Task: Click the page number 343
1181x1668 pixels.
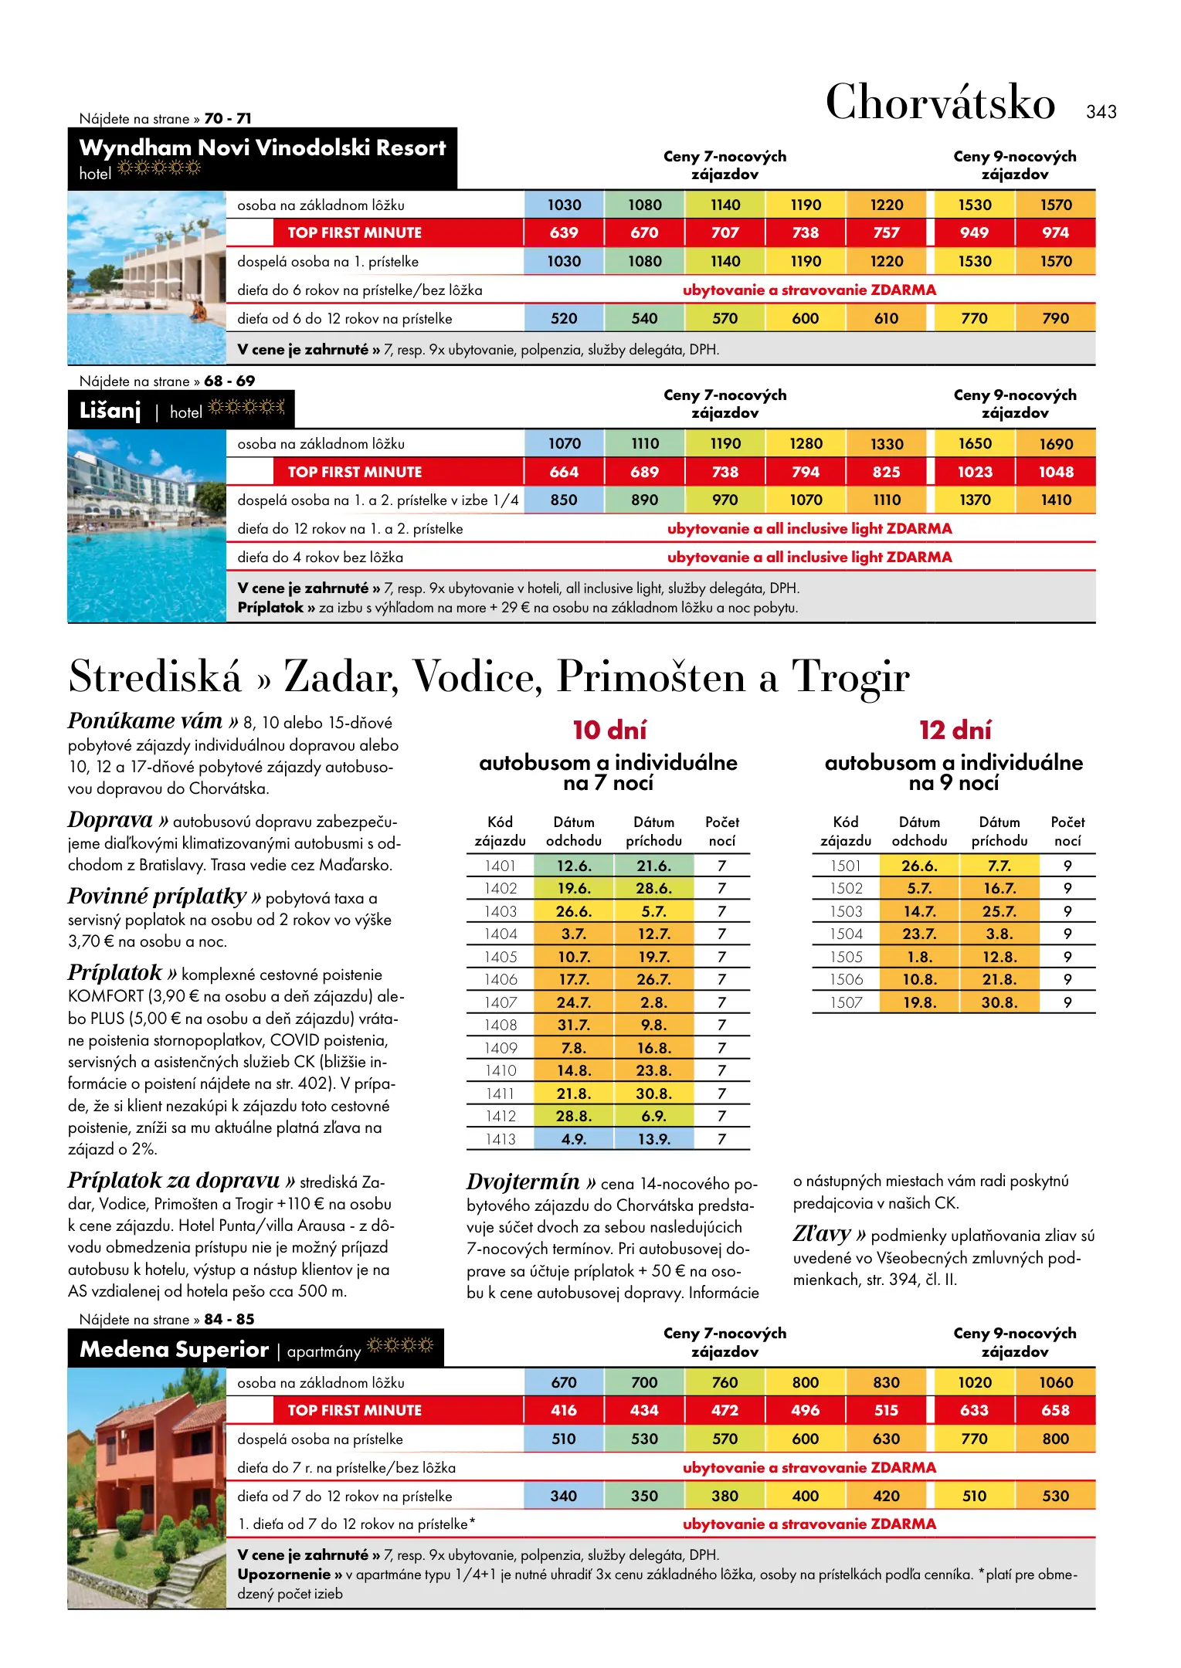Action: tap(1101, 112)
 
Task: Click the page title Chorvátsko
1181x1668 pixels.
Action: tap(940, 103)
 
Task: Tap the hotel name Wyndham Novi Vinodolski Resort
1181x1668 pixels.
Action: tap(263, 147)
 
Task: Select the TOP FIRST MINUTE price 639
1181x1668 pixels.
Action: tap(564, 232)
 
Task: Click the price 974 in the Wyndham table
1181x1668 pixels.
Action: tap(1055, 232)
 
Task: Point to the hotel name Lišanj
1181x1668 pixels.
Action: tap(110, 411)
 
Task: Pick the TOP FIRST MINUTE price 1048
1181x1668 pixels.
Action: tap(1055, 472)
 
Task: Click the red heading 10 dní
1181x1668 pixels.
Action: tap(609, 730)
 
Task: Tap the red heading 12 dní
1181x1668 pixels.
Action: tap(955, 730)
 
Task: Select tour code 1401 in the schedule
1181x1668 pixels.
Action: tap(501, 866)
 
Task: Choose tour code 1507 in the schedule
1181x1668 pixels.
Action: tap(846, 1002)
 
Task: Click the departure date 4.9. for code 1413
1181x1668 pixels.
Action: tap(574, 1139)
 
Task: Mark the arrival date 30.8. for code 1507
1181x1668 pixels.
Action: tap(999, 1002)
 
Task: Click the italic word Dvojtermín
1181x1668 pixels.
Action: tap(523, 1182)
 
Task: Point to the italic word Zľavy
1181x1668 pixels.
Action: tap(822, 1234)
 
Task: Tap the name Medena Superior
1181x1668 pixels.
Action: tap(175, 1349)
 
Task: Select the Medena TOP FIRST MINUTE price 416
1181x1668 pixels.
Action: tap(564, 1410)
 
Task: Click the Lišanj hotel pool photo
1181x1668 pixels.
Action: tap(147, 526)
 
